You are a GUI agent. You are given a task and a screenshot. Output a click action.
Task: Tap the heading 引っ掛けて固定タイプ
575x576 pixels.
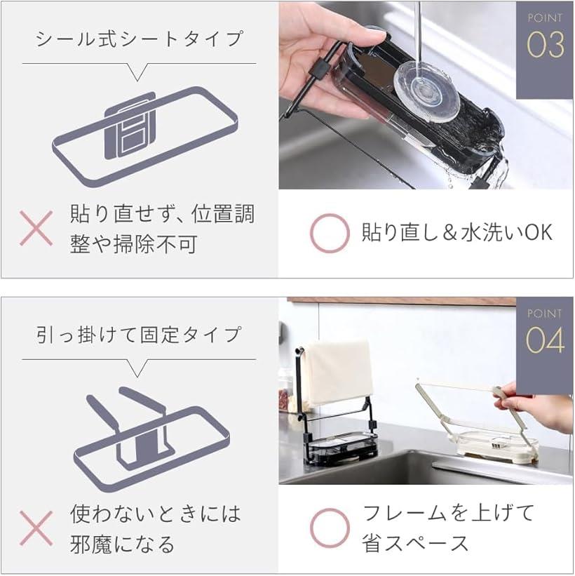point(138,335)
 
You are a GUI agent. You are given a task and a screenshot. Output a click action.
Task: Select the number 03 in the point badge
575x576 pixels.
point(546,45)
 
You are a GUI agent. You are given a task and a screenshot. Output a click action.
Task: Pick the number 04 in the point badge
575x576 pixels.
point(545,340)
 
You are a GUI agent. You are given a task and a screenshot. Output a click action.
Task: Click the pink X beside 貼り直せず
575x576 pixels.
point(36,228)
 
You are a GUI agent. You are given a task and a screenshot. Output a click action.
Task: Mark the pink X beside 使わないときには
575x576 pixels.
point(36,528)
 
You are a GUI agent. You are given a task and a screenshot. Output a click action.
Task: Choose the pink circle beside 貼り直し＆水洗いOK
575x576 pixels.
point(330,233)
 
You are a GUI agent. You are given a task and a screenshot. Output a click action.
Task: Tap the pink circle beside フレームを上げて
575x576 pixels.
point(330,528)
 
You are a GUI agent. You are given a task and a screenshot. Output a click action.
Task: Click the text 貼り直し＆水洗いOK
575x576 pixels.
point(456,233)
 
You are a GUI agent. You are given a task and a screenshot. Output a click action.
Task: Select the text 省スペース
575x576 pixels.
point(415,543)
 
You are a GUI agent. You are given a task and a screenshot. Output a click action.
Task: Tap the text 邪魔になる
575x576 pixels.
point(122,544)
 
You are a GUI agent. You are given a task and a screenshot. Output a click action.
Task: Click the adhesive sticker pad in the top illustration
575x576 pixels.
point(130,126)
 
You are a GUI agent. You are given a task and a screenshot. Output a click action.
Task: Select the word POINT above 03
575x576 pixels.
point(545,18)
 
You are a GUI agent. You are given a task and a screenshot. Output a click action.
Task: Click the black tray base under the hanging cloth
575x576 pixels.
point(339,446)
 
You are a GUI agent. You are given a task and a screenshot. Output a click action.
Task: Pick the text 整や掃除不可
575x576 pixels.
point(134,244)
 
